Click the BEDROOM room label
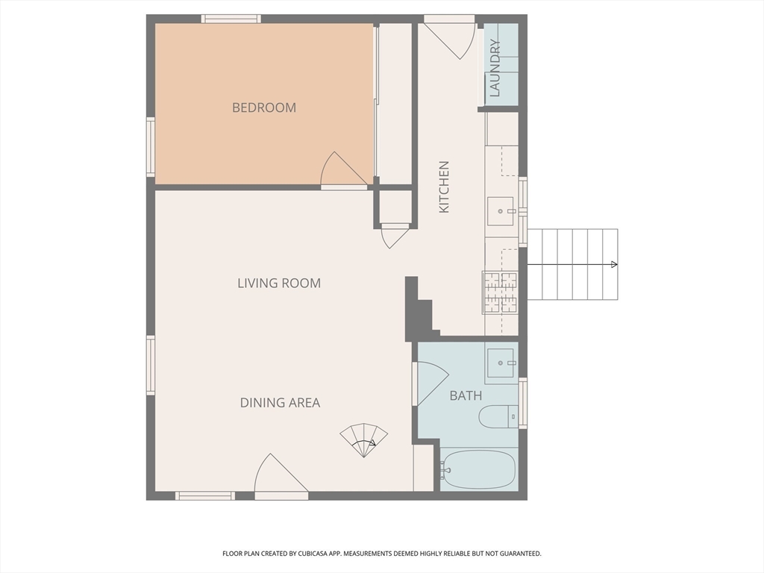263,107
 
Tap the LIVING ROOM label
279,283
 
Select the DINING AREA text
281,402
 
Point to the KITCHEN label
444,187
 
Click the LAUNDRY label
495,68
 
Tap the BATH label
466,395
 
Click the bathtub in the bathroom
478,469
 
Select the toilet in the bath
498,416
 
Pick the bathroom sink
501,363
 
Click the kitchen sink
501,211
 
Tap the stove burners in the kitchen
501,292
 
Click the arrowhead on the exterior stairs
615,265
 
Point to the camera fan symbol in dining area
364,440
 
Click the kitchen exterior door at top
449,38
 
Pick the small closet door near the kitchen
395,237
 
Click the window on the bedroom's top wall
231,19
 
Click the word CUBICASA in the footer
317,554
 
